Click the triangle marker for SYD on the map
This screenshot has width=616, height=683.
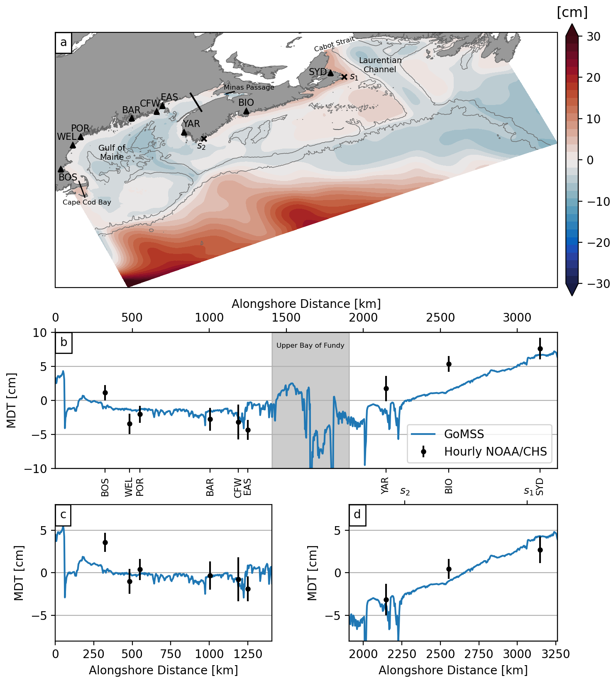(x=330, y=73)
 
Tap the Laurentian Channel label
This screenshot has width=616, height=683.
(x=380, y=65)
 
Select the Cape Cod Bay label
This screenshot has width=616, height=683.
(x=87, y=202)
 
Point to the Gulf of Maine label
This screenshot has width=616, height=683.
(x=112, y=152)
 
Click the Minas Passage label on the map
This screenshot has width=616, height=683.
(x=249, y=88)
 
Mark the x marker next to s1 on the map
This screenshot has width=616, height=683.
(x=344, y=77)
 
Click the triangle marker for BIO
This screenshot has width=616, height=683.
(x=246, y=111)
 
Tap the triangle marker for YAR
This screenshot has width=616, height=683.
(x=184, y=132)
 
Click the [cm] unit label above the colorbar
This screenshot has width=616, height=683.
(x=572, y=12)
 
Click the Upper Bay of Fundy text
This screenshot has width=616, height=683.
(x=310, y=345)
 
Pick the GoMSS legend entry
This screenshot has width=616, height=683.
(x=464, y=434)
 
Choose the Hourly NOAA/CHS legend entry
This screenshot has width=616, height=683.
(x=495, y=451)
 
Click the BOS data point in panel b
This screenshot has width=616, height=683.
(x=105, y=393)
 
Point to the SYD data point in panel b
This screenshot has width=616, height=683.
(x=540, y=349)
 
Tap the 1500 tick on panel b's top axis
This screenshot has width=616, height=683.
(x=286, y=318)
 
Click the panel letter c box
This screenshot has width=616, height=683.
(x=63, y=515)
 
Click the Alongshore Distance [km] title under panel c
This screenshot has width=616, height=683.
(x=163, y=670)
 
